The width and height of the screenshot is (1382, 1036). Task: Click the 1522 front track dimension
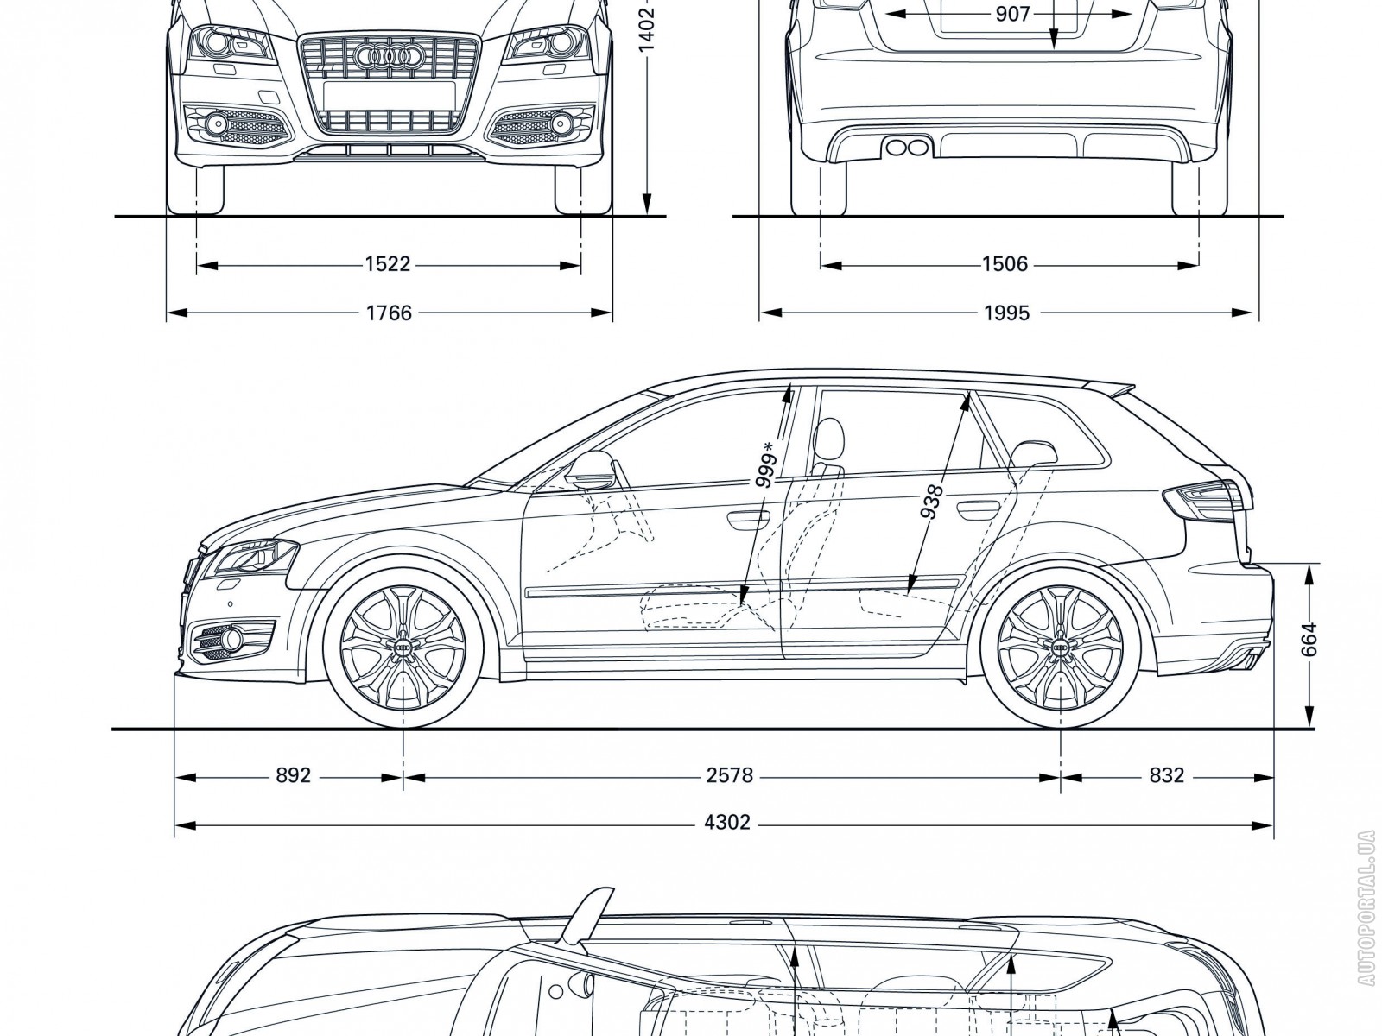386,264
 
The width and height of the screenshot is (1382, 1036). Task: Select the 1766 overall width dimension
389,313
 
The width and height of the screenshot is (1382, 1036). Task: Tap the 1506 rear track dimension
1005,264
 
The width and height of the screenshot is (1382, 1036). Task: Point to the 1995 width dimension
1006,313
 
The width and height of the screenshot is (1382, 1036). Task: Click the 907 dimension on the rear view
1012,14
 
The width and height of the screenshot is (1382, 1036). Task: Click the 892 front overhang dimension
293,776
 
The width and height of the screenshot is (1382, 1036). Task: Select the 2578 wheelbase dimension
730,776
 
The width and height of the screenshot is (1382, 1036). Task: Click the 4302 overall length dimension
727,823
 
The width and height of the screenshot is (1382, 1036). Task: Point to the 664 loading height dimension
1310,641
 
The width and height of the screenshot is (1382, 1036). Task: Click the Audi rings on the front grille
387,57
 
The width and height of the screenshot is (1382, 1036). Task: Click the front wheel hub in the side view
404,647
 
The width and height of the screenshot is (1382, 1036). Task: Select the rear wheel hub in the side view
1061,647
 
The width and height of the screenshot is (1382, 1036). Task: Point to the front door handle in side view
748,519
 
